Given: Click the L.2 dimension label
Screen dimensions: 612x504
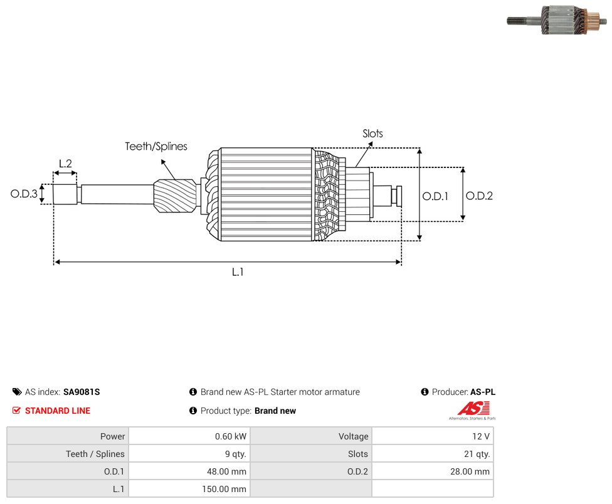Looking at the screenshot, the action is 66,164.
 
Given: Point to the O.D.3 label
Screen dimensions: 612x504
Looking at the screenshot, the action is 24,194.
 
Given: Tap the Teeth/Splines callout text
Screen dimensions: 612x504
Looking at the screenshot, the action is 156,146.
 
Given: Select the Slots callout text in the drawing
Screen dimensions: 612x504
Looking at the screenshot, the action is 372,134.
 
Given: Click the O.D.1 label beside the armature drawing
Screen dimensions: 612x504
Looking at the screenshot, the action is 435,196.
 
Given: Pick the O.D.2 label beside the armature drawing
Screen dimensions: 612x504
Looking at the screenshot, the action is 479,196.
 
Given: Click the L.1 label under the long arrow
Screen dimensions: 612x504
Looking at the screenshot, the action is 238,272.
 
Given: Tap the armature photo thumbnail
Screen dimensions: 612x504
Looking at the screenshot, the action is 557,20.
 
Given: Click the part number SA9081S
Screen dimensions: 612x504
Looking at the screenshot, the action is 82,392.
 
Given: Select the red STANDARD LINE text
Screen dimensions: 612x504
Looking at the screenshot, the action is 58,411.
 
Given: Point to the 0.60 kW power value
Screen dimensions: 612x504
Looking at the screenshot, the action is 231,436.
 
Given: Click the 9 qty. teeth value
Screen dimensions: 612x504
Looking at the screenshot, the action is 236,454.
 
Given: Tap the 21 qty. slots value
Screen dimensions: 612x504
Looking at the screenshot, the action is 477,454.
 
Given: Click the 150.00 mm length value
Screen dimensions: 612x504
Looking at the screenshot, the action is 224,489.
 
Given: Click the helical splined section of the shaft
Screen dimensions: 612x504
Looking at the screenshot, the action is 175,196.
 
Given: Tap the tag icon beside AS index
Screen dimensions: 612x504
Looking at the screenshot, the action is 17,392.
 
